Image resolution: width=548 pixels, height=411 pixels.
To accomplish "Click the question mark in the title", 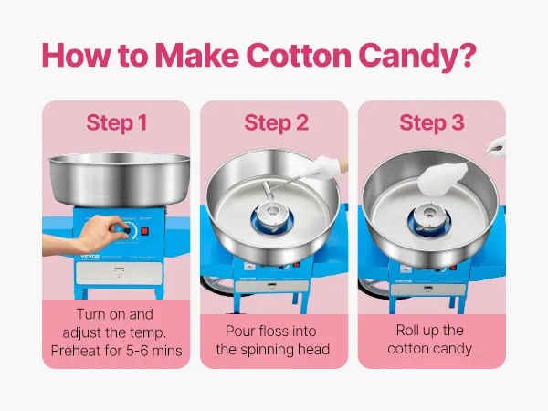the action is pos(466,55).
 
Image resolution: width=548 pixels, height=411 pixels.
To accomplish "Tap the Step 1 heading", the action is pos(116,123).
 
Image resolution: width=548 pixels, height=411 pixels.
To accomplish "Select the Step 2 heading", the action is pos(277,123).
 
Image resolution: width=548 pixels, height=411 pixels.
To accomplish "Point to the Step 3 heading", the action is pos(432,123).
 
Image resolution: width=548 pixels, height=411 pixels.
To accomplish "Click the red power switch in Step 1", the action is pos(144,231).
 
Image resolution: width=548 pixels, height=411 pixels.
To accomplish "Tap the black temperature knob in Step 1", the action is pos(127,230).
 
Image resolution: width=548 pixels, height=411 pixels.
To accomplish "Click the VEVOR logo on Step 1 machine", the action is pos(90,257).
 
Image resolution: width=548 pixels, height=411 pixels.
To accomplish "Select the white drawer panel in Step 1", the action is pos(119,272).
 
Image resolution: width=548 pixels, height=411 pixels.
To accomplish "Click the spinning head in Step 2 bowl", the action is pos(272,217).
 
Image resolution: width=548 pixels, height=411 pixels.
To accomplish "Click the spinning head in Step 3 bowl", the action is pos(429,217).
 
